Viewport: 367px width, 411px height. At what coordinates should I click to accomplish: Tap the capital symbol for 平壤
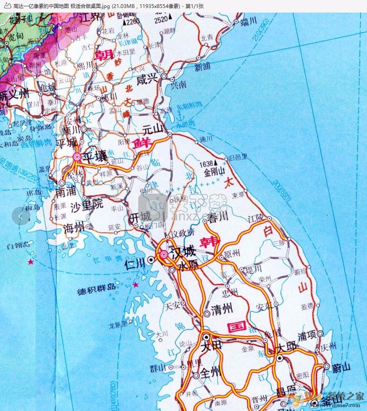[x=77, y=157]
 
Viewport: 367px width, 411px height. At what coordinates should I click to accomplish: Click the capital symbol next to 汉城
[x=164, y=254]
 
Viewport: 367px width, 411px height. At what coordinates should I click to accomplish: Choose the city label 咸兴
[x=147, y=80]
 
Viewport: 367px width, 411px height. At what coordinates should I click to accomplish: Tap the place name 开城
[x=139, y=217]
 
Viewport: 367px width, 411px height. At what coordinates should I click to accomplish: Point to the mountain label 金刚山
[x=215, y=172]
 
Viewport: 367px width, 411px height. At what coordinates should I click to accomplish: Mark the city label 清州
[x=222, y=310]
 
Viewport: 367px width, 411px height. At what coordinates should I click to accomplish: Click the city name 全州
[x=210, y=373]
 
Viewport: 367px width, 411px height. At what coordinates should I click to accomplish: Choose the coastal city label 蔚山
[x=341, y=368]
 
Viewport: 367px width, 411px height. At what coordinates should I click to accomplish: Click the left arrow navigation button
[x=21, y=216]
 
